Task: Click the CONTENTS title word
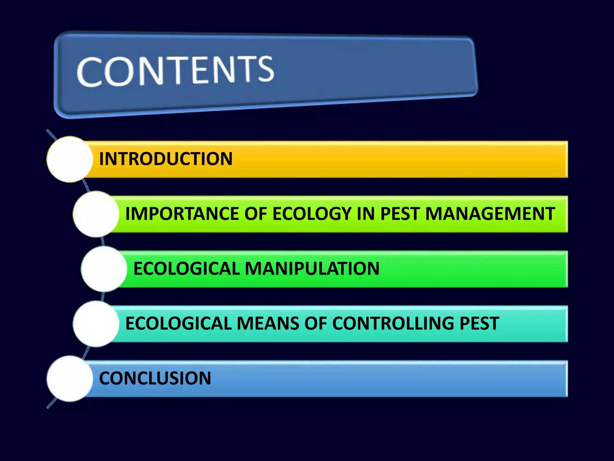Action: (175, 71)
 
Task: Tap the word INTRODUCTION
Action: (165, 159)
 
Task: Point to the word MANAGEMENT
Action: (490, 214)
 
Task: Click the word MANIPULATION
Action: (312, 268)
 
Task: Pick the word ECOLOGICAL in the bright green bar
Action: (186, 268)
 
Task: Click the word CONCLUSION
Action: (155, 378)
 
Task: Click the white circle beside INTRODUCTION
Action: (70, 159)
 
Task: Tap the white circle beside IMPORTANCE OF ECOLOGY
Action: (96, 214)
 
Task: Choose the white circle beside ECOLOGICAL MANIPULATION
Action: (104, 269)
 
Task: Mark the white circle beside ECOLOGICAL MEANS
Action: (96, 324)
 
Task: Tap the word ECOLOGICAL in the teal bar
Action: (178, 323)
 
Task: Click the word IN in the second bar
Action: (365, 214)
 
